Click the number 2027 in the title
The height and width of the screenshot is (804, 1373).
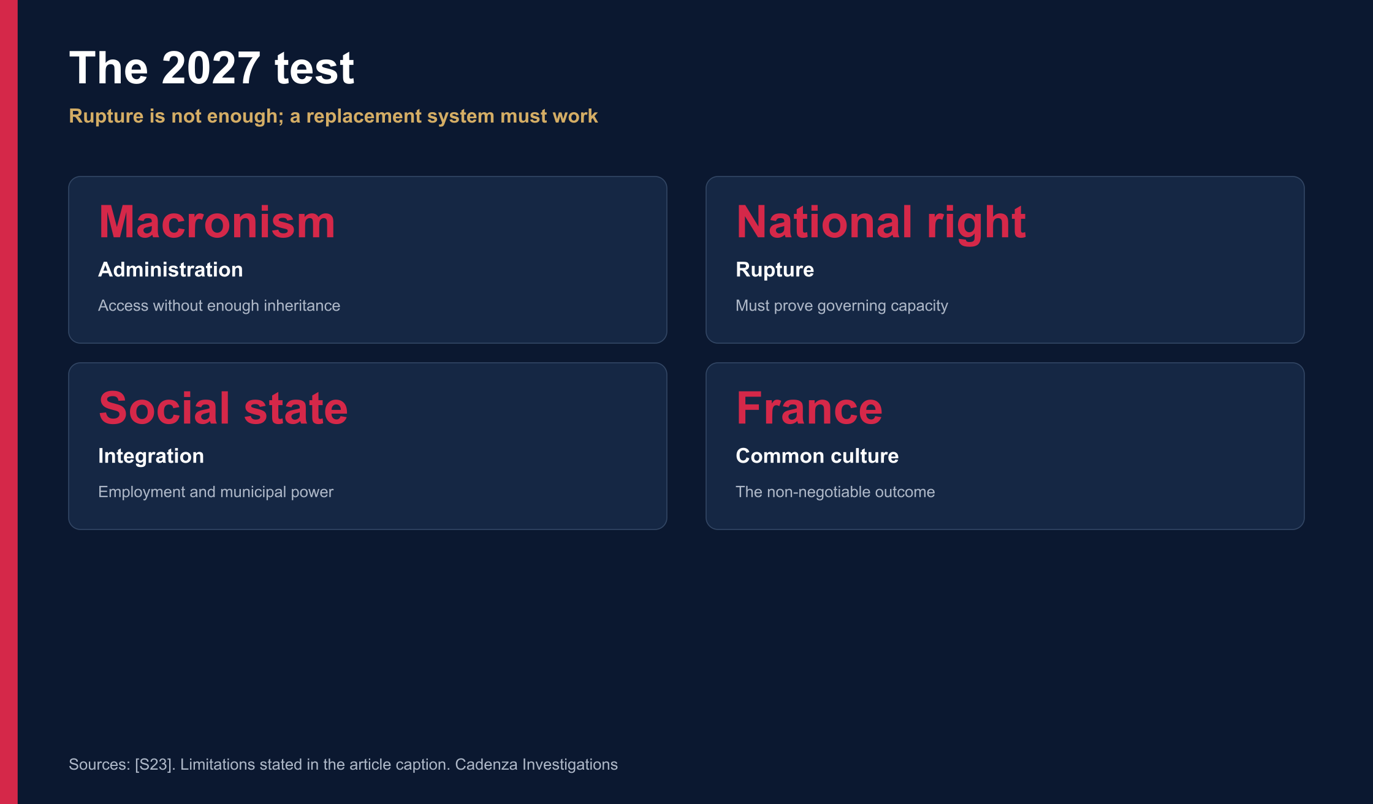211,67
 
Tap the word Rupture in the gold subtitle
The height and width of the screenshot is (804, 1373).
106,116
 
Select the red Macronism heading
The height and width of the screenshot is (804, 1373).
217,222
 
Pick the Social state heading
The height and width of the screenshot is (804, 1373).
223,408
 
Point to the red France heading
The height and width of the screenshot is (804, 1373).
809,408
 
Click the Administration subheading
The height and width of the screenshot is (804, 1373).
170,270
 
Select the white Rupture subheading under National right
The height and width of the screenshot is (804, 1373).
775,270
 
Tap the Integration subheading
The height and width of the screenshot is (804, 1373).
151,457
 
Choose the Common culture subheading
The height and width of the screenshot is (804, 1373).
817,456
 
